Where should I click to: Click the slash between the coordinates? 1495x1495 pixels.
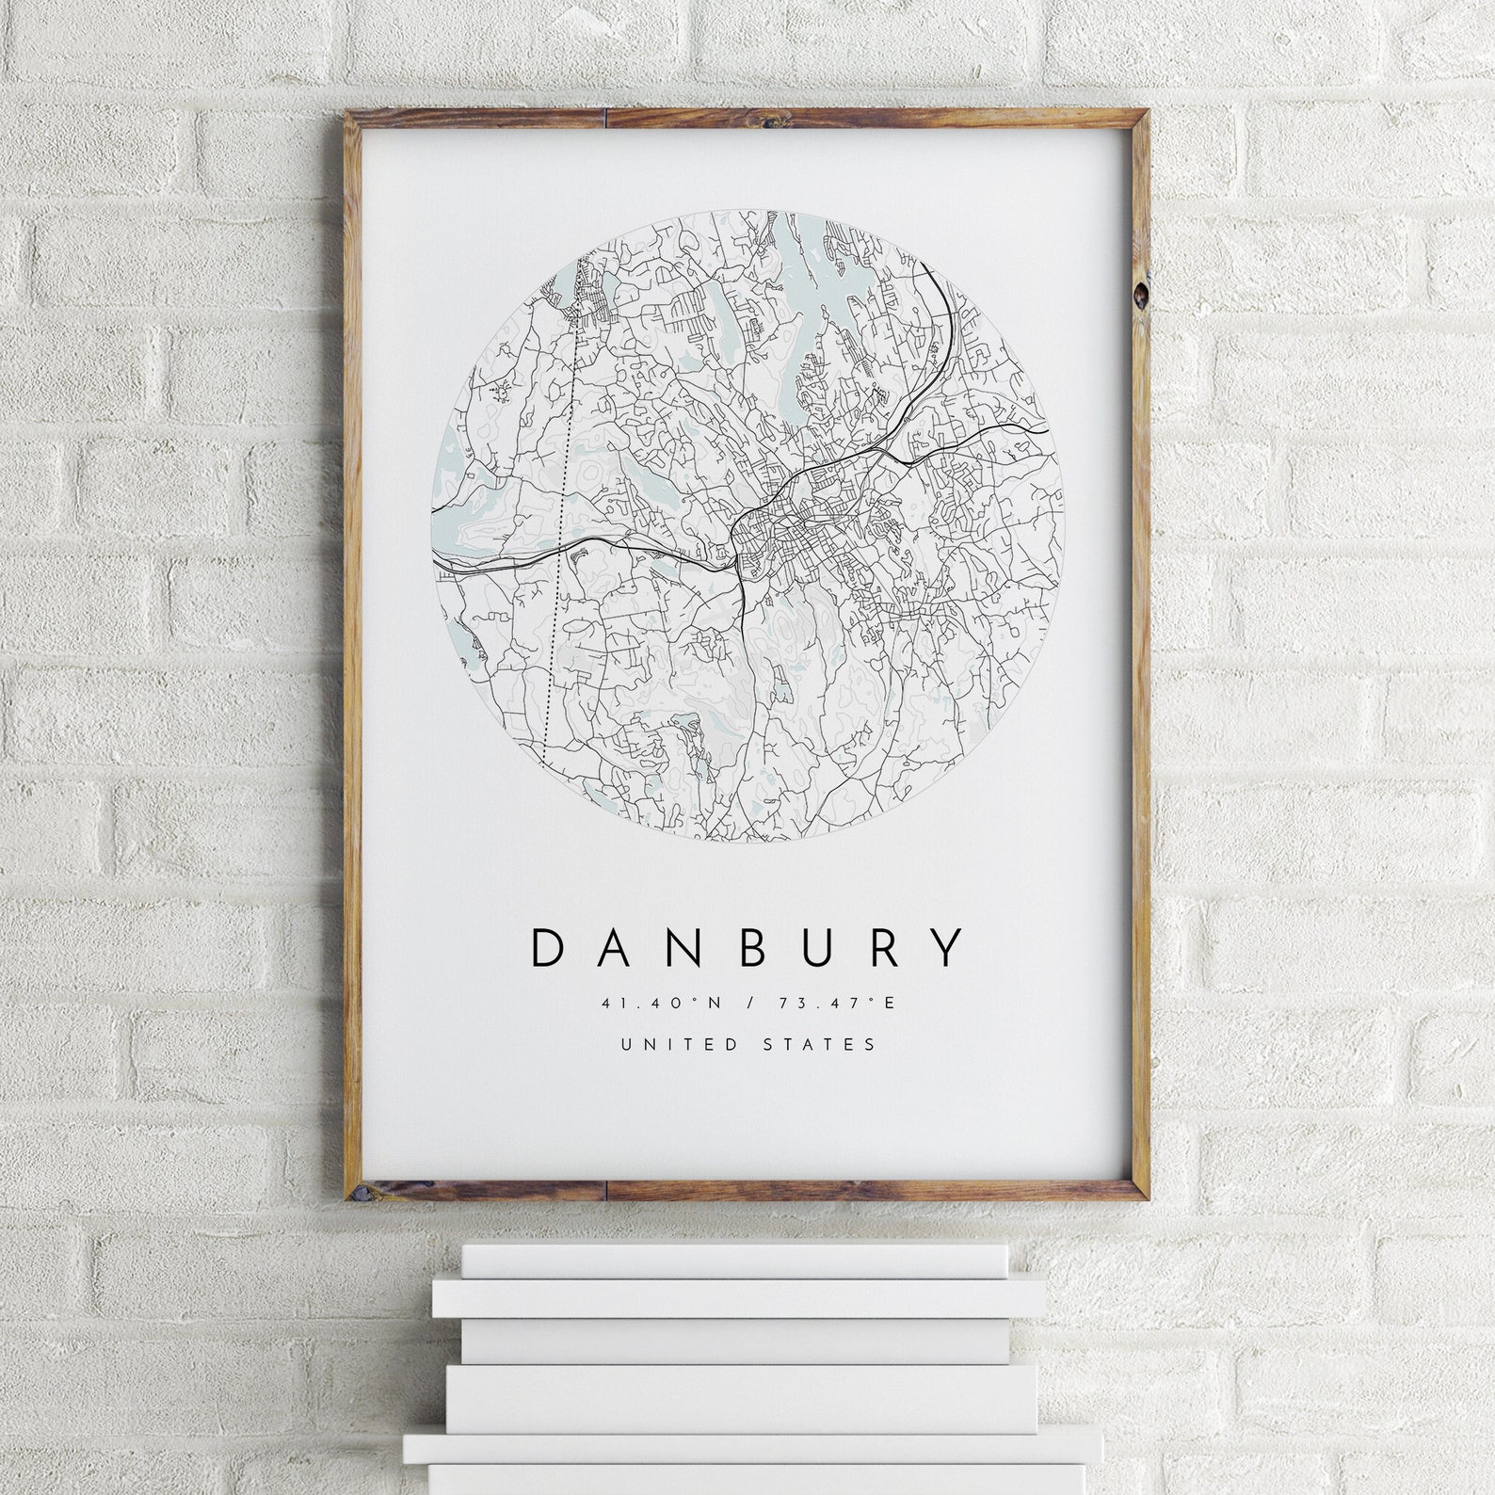tap(748, 1003)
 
